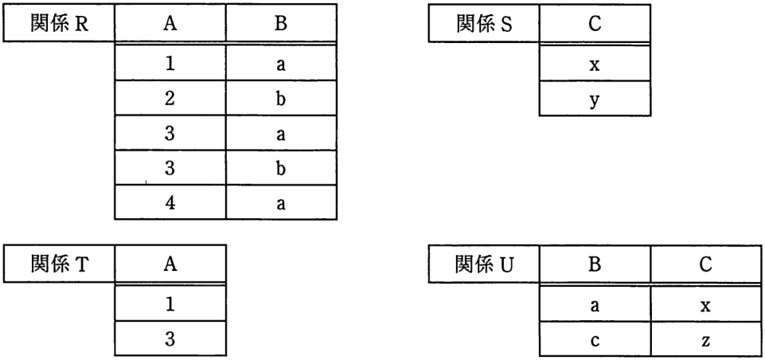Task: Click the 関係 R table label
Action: pos(59,23)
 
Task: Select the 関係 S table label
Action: pos(485,23)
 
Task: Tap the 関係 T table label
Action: pos(59,264)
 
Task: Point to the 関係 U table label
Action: pos(485,264)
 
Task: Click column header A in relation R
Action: pos(170,23)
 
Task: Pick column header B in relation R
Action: pos(281,23)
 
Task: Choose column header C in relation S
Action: pos(595,23)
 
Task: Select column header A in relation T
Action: pos(170,264)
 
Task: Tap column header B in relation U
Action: pos(595,264)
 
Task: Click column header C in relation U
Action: pos(705,264)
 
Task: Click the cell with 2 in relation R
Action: pos(170,98)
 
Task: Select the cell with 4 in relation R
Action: pos(170,202)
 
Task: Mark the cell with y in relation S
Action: pos(595,99)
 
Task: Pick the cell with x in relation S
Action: pos(595,64)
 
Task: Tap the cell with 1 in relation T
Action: pos(170,303)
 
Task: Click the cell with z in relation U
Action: pos(705,338)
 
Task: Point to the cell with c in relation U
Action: pos(595,338)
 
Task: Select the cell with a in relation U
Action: pos(595,304)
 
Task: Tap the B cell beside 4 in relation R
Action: pos(281,202)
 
